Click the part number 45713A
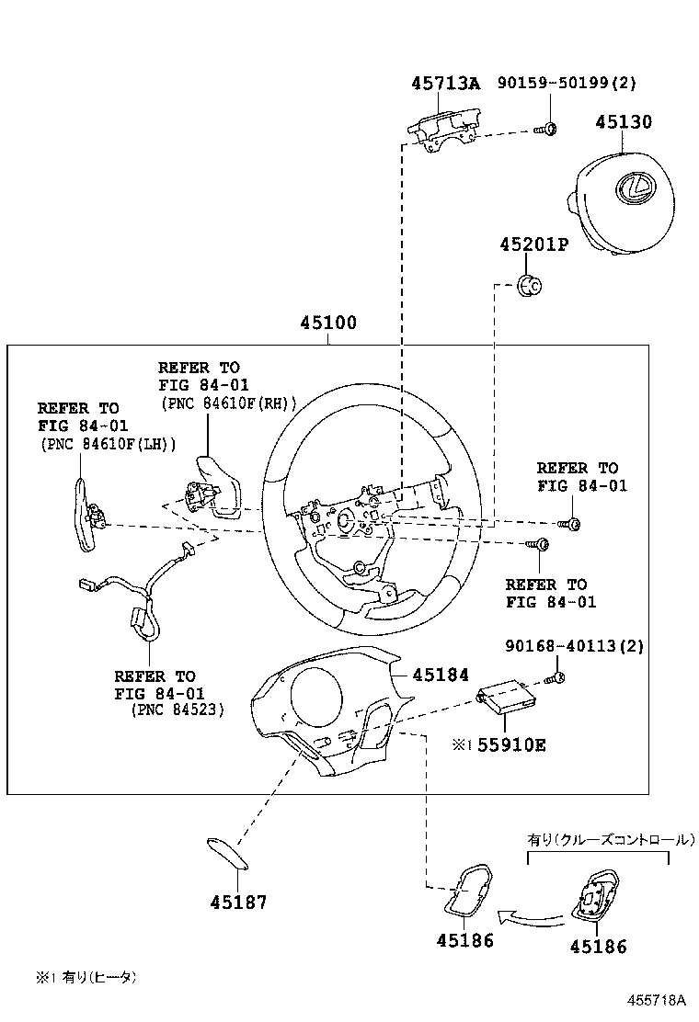point(445,84)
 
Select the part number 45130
point(623,122)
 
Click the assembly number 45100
point(327,324)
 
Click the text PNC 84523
point(176,710)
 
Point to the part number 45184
point(441,676)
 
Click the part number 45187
point(237,902)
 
